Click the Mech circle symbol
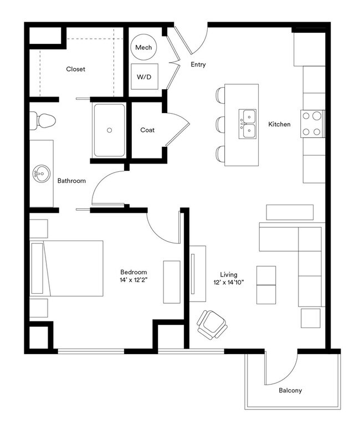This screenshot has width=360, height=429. tap(143, 48)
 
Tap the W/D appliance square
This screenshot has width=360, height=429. tap(143, 77)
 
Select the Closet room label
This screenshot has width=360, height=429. tap(75, 69)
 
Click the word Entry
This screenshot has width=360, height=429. tap(198, 65)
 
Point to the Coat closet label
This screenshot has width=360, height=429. tap(147, 130)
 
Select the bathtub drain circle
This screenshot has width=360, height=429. tap(110, 130)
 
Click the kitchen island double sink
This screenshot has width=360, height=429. tap(248, 124)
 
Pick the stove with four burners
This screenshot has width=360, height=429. tap(312, 124)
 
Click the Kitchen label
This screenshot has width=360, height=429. tap(279, 124)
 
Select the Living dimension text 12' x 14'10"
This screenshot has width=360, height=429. tap(229, 283)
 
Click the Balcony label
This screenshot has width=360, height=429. tap(290, 391)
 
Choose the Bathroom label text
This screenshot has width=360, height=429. tap(71, 181)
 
